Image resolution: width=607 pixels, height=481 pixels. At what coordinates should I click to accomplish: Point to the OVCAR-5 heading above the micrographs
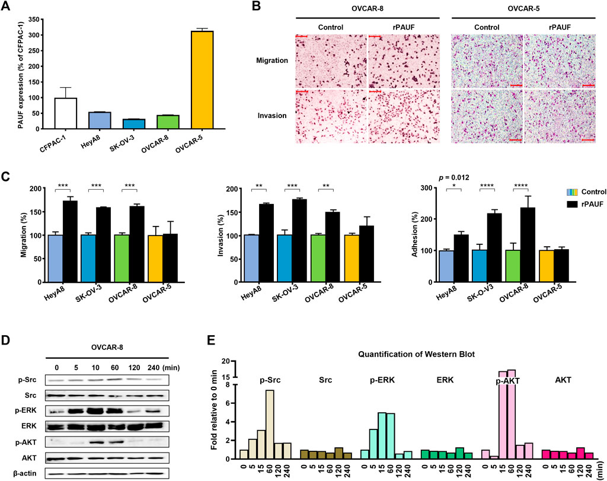[523, 8]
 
